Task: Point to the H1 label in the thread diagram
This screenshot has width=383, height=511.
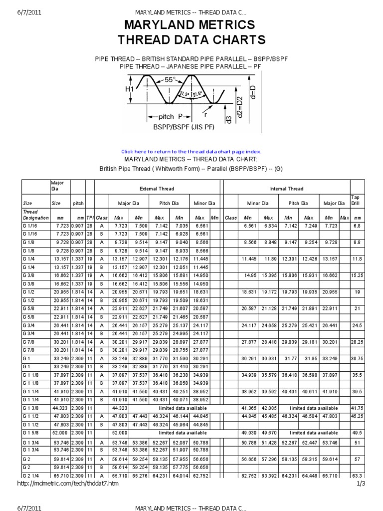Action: [x=130, y=89]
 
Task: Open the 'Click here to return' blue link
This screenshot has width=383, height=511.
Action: [x=191, y=151]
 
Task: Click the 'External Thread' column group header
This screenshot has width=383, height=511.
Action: [x=157, y=189]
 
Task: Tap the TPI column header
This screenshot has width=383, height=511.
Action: [x=89, y=218]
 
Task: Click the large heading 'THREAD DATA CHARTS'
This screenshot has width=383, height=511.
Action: [x=191, y=40]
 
